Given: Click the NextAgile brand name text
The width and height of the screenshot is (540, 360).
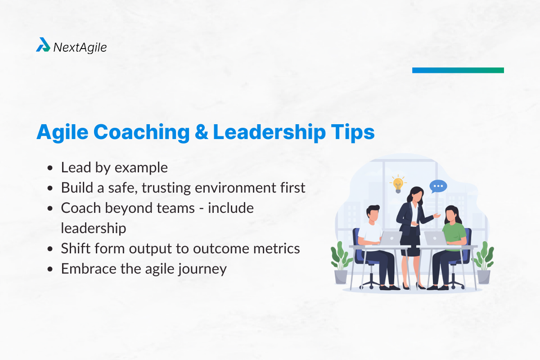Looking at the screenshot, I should (80, 47).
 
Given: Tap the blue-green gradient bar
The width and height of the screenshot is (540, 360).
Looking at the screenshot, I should (458, 70).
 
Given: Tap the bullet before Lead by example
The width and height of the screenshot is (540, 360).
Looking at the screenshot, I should (50, 168).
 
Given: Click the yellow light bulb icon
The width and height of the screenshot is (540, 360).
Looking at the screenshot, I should (397, 184).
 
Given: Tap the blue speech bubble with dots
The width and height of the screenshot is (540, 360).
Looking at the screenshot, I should (438, 186).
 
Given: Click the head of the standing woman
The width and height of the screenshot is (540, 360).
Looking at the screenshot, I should (414, 195).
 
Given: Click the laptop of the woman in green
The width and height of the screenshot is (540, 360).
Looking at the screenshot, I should (434, 238).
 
